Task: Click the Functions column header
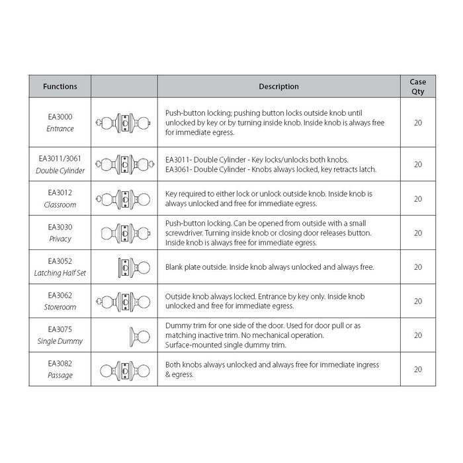[60, 87]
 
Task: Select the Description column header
[278, 87]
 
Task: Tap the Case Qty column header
[417, 87]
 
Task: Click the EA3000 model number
[60, 116]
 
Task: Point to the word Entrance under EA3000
[60, 129]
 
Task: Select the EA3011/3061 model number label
[60, 159]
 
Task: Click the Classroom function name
[60, 205]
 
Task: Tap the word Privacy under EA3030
[60, 239]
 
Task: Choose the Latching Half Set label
[60, 273]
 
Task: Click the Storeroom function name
[60, 307]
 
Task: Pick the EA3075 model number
[60, 329]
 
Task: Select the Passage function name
[60, 375]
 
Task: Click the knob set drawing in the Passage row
[124, 370]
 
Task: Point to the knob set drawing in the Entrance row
[124, 123]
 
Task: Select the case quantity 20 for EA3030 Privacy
[417, 233]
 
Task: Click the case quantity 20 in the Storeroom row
[417, 302]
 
